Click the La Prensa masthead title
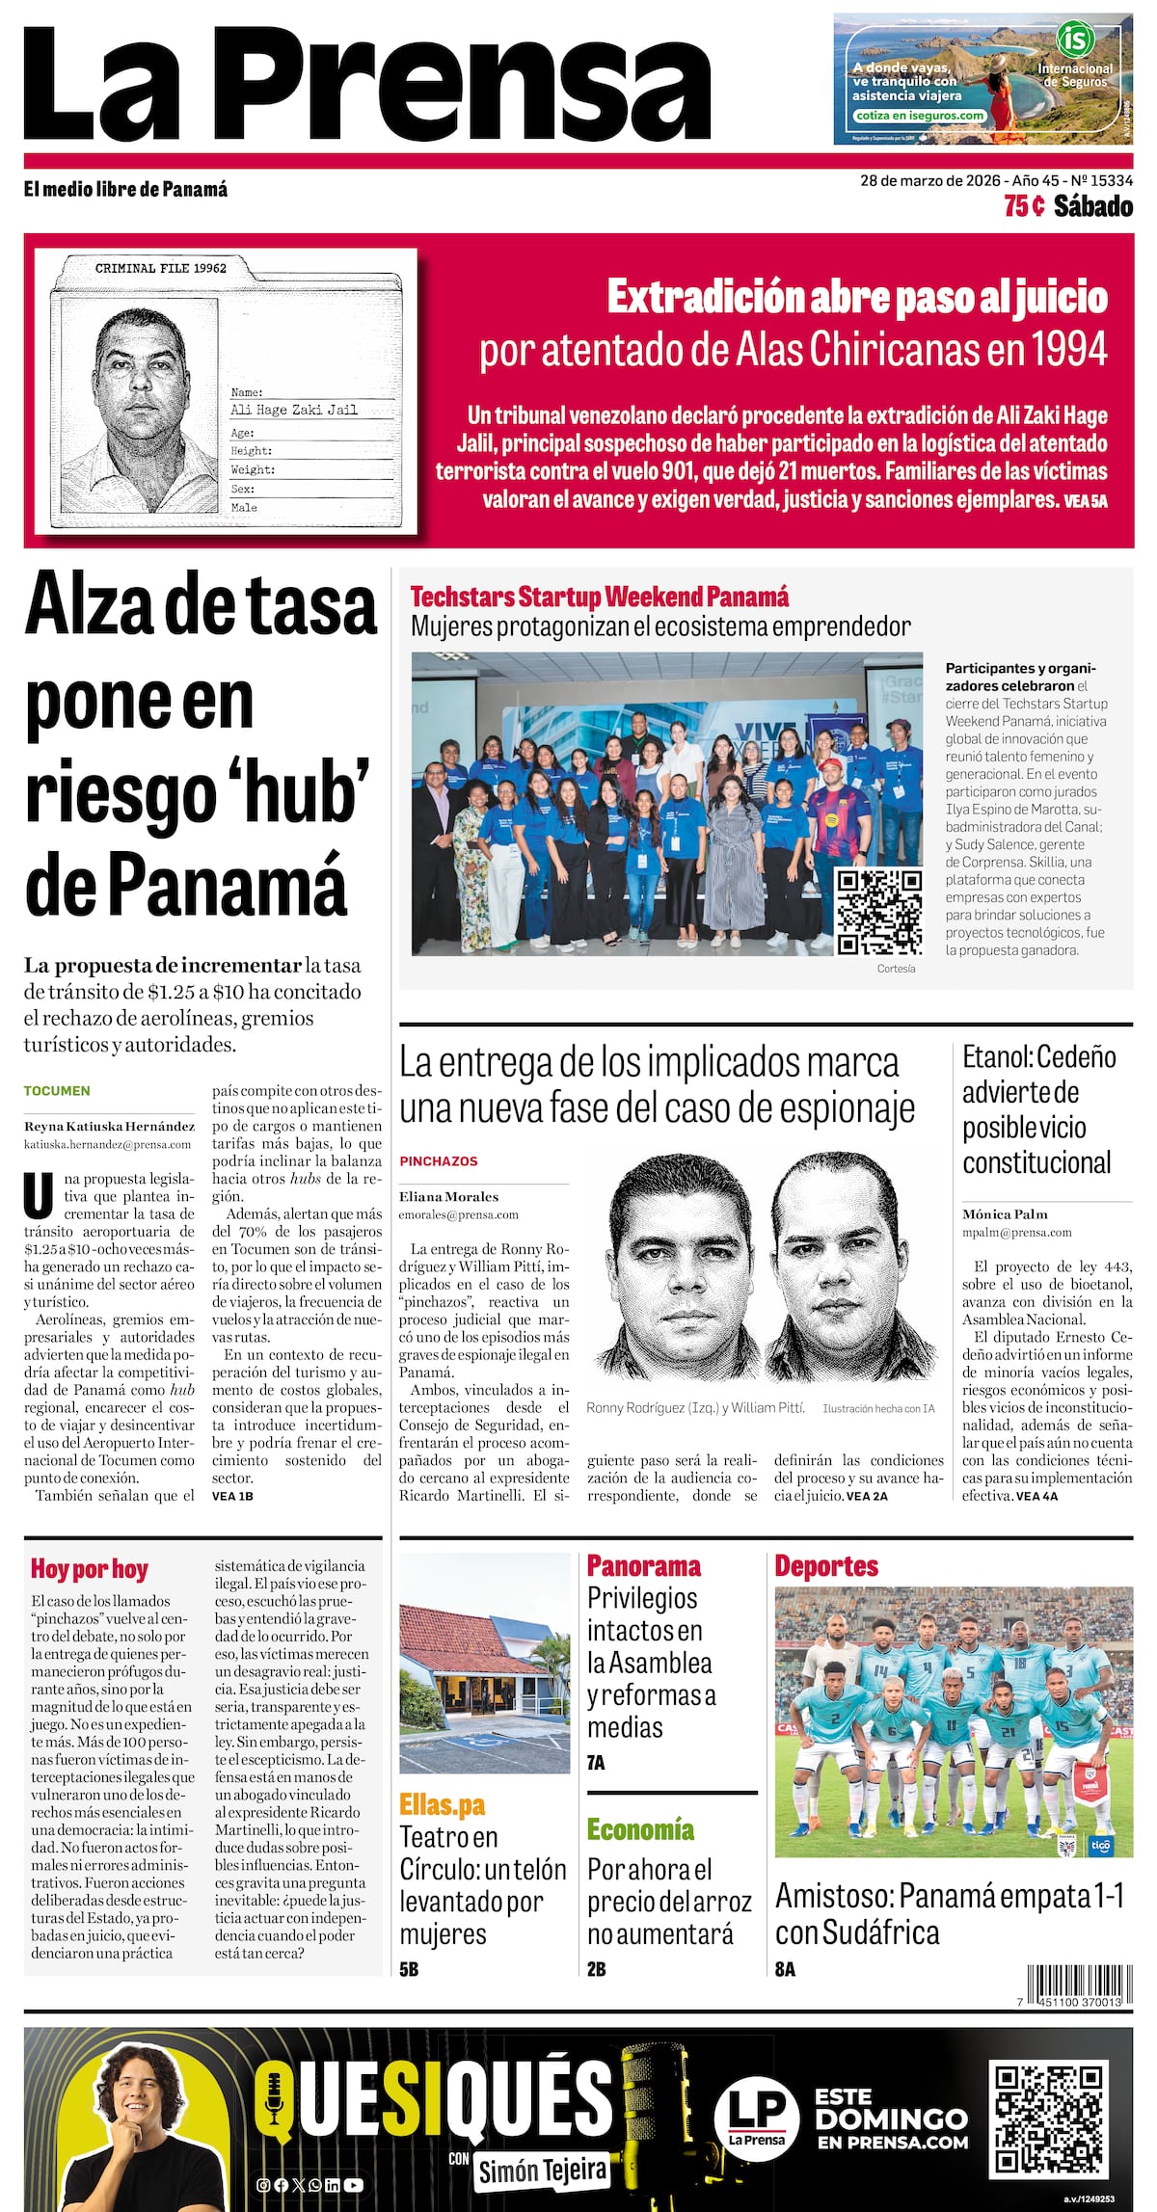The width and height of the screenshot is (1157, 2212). (x=366, y=85)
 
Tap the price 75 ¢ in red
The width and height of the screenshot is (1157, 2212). (x=1023, y=206)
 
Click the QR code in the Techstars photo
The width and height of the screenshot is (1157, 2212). (x=878, y=912)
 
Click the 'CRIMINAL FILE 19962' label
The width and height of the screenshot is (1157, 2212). (x=161, y=268)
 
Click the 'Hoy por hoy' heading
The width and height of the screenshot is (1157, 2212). (x=89, y=1570)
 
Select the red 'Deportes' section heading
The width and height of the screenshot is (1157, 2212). (x=826, y=1566)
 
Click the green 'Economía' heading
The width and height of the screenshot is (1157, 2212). (x=640, y=1829)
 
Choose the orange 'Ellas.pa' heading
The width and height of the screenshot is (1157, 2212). (x=443, y=1804)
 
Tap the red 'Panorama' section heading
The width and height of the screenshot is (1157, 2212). (x=643, y=1566)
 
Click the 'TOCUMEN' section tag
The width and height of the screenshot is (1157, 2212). (x=57, y=1091)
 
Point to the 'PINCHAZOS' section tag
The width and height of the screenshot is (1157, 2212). (x=439, y=1161)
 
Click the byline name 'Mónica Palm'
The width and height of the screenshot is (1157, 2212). (x=1004, y=1214)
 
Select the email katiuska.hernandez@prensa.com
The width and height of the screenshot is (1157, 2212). (x=107, y=1144)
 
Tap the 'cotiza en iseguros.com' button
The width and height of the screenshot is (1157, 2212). (x=919, y=116)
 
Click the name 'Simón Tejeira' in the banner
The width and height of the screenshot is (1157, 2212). (x=542, y=2171)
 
